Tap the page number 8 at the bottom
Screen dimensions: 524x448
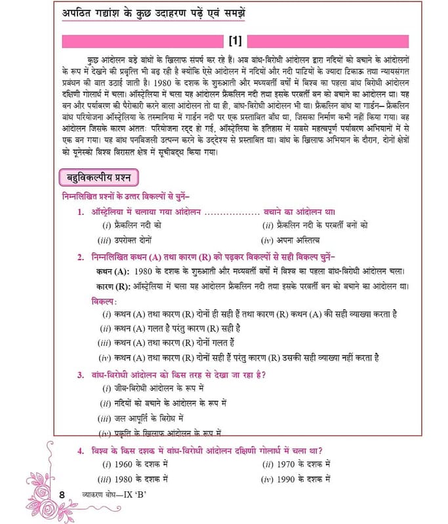click(62, 494)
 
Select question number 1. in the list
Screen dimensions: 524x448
click(80, 212)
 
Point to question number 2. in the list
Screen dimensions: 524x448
click(80, 257)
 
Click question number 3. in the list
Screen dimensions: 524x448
click(80, 375)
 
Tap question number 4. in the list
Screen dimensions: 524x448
click(80, 451)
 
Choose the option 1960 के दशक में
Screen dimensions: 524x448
click(135, 464)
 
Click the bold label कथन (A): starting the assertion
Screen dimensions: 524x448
click(108, 271)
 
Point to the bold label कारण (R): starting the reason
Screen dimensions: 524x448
click(108, 286)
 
